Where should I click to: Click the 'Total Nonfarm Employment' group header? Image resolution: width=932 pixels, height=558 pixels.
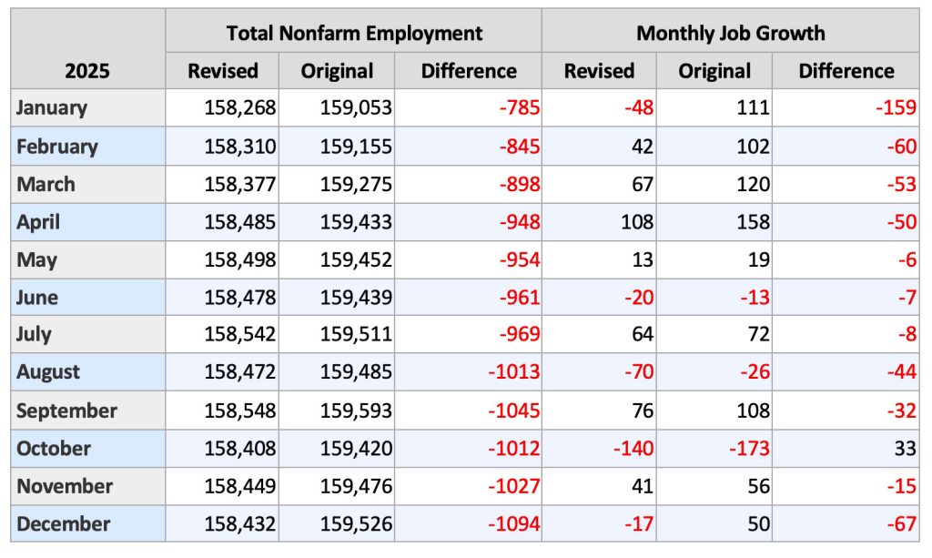[x=354, y=34]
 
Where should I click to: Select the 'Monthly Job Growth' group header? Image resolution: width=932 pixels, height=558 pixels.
[x=730, y=34]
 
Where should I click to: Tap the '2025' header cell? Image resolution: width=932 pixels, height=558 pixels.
[x=87, y=71]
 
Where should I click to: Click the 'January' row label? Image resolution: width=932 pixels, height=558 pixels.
[x=52, y=107]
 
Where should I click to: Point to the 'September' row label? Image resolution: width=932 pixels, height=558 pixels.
[x=66, y=411]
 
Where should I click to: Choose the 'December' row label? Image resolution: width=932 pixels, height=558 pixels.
[x=63, y=524]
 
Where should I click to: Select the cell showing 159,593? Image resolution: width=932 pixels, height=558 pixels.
[x=356, y=411]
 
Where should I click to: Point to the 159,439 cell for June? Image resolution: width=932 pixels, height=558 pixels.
[x=356, y=297]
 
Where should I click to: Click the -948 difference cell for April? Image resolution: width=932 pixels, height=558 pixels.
[x=519, y=221]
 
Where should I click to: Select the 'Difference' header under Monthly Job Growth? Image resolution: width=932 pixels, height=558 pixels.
[x=846, y=71]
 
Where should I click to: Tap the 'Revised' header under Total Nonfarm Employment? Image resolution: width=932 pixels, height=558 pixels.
[x=223, y=71]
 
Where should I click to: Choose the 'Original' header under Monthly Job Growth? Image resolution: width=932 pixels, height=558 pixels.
[x=714, y=71]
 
